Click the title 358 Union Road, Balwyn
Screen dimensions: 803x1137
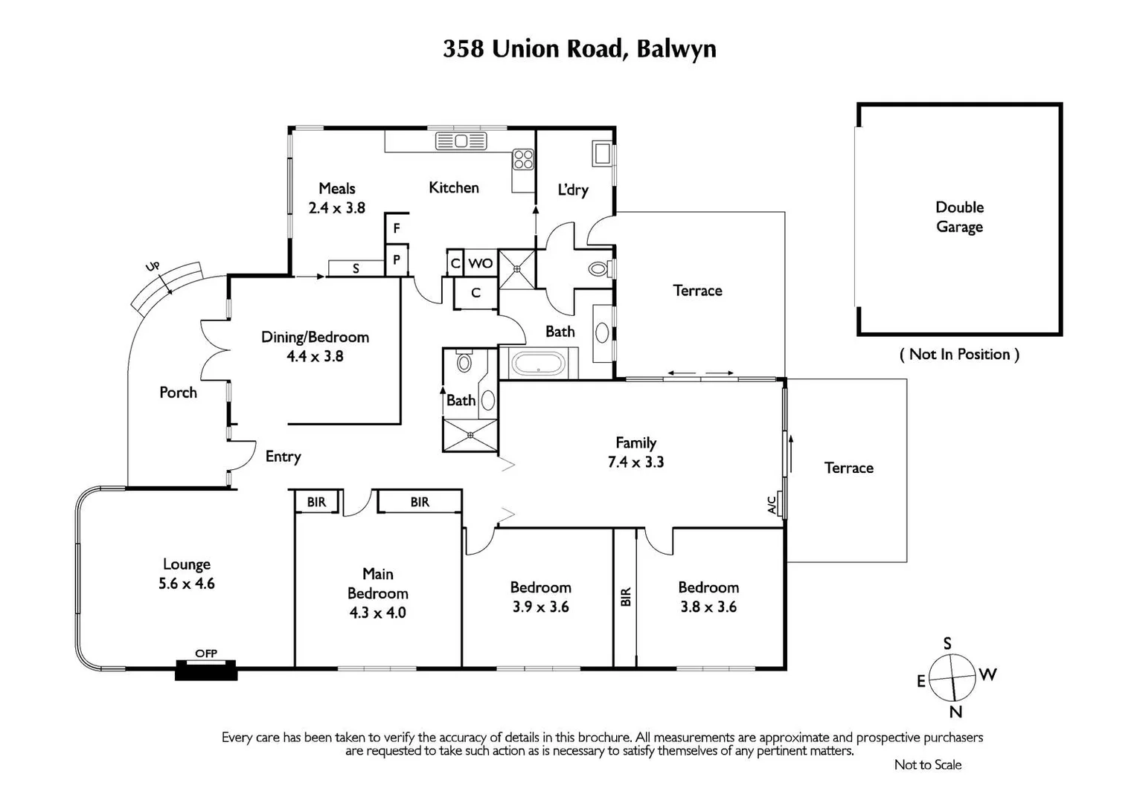[579, 49]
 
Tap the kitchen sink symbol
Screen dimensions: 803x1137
[461, 141]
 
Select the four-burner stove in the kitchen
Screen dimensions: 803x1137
[523, 159]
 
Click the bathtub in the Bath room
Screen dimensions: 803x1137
[538, 364]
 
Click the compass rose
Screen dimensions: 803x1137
[953, 677]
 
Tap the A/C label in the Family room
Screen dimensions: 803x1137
[772, 506]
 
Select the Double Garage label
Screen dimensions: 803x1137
[959, 216]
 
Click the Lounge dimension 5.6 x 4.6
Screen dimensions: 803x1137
[186, 584]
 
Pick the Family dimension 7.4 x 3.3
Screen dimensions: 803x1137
[635, 462]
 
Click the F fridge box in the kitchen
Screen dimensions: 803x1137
[397, 228]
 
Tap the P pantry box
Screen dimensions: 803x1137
[397, 260]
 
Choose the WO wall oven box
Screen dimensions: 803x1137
[481, 263]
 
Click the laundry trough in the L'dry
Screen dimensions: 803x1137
[601, 153]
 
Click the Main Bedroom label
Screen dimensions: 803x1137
[377, 583]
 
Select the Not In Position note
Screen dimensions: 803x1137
[959, 354]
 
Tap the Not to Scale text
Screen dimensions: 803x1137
[927, 764]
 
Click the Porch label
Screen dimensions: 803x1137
[178, 393]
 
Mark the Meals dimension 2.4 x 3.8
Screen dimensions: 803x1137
[336, 208]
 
